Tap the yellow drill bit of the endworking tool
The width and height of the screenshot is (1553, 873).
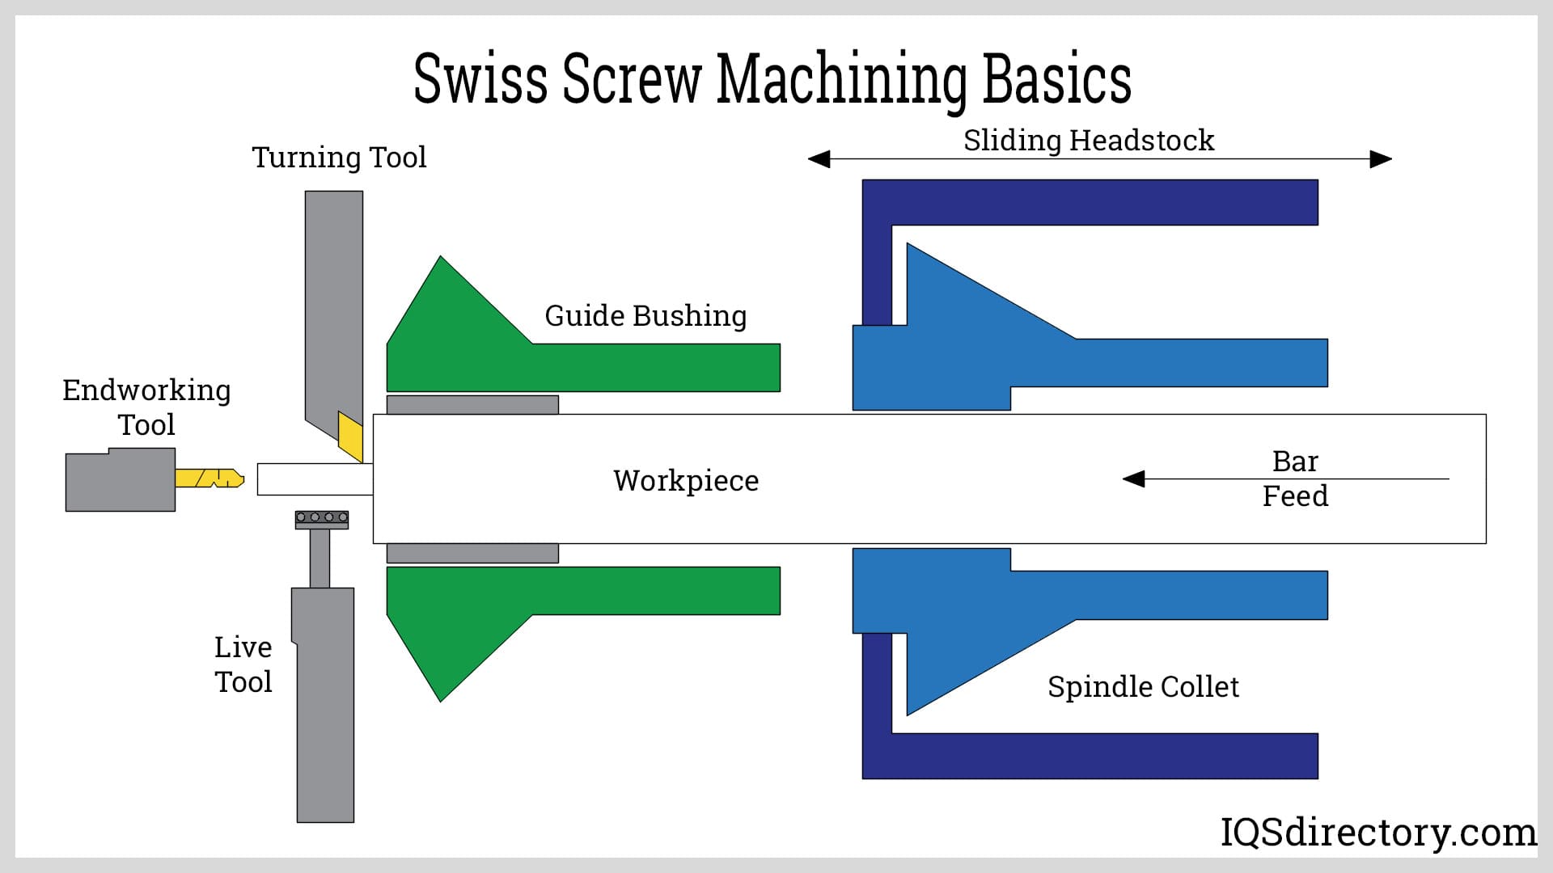(209, 478)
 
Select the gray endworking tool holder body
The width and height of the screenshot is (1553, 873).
(120, 481)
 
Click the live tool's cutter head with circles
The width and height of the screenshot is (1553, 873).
(322, 520)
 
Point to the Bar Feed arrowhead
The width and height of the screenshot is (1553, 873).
(1134, 479)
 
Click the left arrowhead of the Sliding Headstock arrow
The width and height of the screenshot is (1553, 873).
(819, 158)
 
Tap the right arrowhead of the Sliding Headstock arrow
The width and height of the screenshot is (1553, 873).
(1381, 158)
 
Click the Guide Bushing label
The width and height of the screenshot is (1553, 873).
(645, 316)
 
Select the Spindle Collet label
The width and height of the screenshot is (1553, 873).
(1143, 687)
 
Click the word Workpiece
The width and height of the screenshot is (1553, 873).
(686, 481)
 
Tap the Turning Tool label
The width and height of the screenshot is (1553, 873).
(339, 157)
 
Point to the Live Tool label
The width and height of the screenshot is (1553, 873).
(243, 664)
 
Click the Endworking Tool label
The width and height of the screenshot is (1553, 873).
(146, 407)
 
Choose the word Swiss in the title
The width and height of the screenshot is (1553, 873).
(480, 78)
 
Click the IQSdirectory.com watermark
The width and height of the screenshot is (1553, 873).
(1378, 833)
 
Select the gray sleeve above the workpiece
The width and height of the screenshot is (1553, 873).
(472, 405)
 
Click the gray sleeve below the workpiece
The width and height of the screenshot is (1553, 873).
(472, 553)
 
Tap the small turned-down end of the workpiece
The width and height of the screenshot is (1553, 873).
(315, 479)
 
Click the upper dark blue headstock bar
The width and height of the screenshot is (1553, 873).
(1090, 202)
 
